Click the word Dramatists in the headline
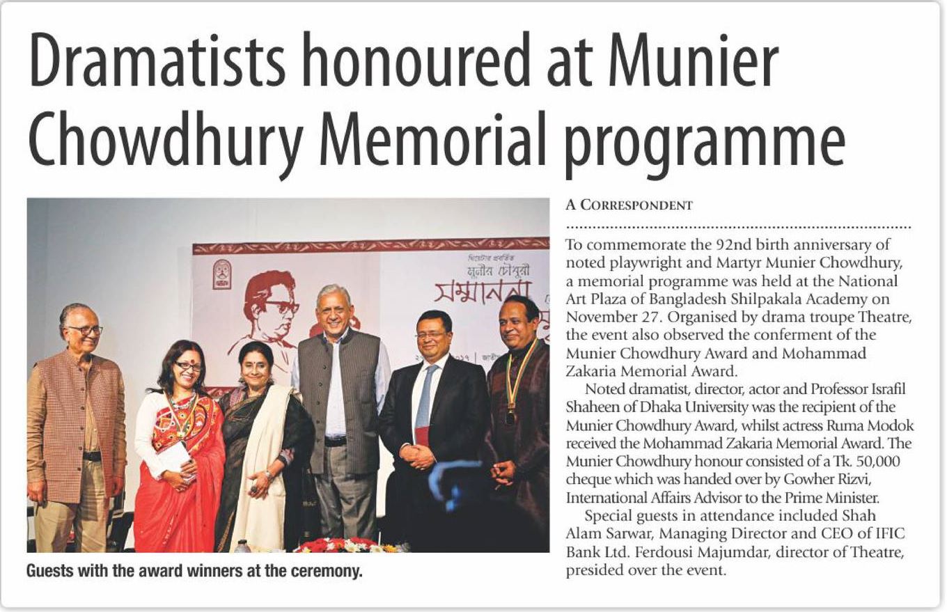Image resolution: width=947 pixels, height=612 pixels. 157,63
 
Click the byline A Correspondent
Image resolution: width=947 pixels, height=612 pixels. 629,205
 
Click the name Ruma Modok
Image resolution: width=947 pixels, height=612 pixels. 879,425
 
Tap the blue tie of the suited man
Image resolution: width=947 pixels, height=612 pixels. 424,397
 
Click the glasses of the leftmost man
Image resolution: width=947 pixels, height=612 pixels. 84,330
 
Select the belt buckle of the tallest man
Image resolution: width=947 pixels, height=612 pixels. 336,441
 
